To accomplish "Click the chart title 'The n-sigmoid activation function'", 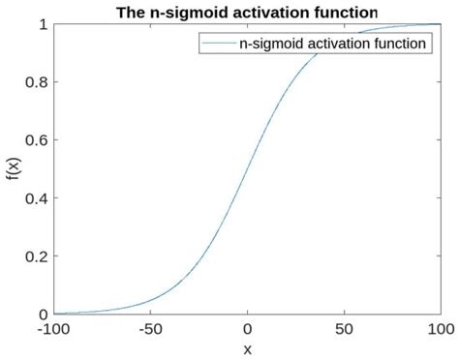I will (247, 11).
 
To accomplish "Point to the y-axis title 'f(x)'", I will (12, 168).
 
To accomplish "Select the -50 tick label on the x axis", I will (149, 330).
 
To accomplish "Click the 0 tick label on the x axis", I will (247, 330).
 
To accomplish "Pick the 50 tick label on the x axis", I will (344, 330).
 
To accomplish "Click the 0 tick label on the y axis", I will (43, 315).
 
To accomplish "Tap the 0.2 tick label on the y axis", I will (37, 256).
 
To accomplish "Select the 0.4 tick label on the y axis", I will (37, 198).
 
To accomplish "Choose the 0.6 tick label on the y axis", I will (37, 140).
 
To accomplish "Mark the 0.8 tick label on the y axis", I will (37, 82).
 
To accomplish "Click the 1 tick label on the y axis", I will (43, 24).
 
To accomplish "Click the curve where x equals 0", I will (247, 169).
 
